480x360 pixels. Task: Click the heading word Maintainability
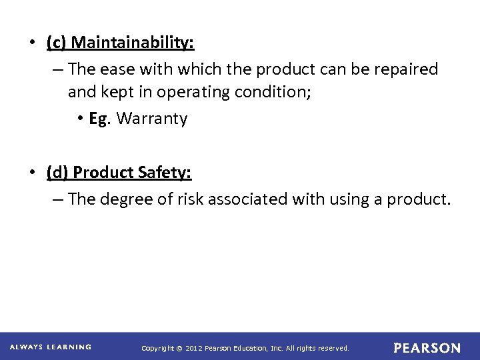133,43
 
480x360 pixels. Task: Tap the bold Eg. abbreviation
98,119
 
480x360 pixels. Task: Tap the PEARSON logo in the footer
427,348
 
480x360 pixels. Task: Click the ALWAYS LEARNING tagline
50,347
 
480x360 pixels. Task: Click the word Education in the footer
250,348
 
